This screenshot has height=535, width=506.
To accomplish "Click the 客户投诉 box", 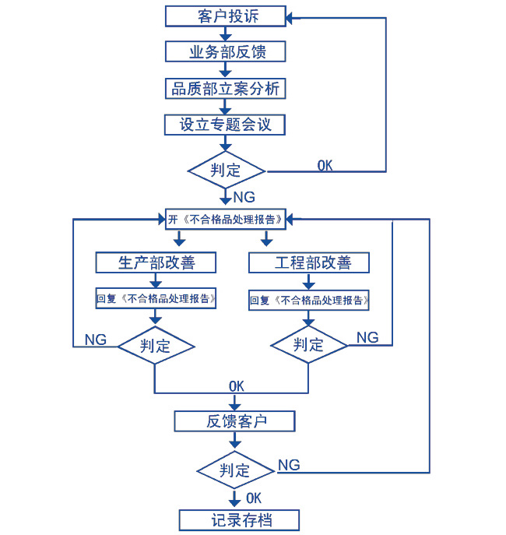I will coord(226,16).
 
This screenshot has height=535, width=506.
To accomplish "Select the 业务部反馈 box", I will coord(226,52).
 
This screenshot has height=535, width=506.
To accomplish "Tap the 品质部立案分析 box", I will coord(226,89).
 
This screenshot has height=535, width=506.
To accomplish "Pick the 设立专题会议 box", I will coord(226,125).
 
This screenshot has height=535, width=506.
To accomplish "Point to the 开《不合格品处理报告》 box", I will coord(226,219).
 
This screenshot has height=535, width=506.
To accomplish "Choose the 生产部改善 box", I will coord(156,262).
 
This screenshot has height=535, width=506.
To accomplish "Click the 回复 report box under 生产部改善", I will coord(156,298).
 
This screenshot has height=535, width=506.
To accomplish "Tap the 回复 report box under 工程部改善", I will coord(310,299).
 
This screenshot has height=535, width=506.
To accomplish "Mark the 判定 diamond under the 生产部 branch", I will coord(156,345).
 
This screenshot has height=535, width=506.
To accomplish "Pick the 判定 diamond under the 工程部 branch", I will coord(309,345).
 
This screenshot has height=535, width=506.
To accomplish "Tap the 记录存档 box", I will coord(239,520).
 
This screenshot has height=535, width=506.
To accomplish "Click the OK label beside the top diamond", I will coord(325,165).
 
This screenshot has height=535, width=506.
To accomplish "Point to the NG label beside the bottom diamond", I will coord(289,465).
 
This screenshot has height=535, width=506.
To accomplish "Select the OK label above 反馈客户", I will coord(237,385).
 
